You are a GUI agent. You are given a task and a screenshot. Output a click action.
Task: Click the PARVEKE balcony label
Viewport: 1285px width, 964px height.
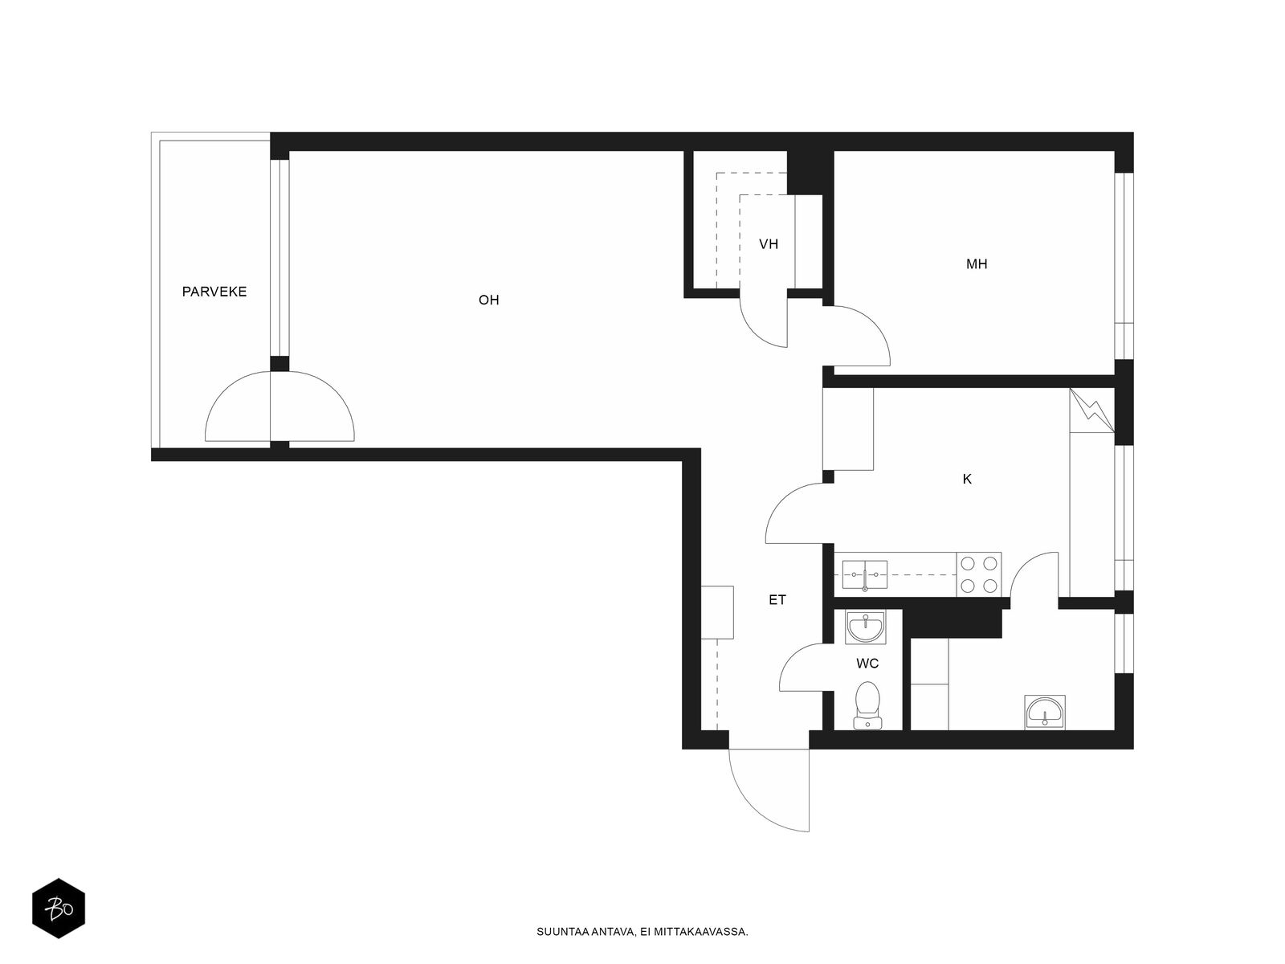point(214,292)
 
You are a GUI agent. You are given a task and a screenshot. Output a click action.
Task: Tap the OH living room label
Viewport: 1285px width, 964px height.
point(489,300)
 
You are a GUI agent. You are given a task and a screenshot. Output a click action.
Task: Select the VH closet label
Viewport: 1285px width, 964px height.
point(769,244)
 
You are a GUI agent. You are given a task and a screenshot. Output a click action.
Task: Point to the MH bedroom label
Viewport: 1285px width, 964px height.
point(977,264)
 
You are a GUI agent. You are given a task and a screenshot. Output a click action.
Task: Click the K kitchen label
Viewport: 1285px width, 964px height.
point(967,480)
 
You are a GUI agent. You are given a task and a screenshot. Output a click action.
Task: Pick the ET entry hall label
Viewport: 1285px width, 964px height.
point(777,600)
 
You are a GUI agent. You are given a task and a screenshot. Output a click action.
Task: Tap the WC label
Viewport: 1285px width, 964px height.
point(867,664)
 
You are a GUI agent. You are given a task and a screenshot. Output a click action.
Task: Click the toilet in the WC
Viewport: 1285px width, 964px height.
point(867,705)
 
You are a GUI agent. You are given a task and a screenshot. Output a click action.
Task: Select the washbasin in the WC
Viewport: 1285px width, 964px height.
point(866,627)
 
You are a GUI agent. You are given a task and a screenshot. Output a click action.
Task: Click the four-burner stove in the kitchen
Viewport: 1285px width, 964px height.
point(979,574)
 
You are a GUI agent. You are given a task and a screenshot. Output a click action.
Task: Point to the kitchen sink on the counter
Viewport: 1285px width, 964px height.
point(865,574)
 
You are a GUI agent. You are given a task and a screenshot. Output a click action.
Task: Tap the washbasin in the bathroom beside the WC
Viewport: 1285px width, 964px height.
point(1044,712)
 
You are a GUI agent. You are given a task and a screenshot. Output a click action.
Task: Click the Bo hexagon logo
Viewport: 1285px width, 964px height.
point(59,909)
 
